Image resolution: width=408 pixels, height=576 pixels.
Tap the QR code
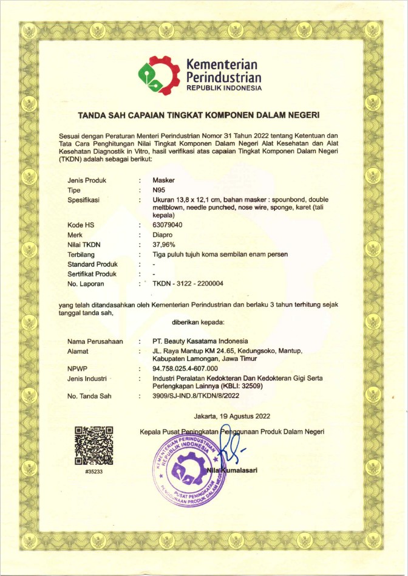pos(93,447)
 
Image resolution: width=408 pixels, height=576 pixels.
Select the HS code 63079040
pos(168,225)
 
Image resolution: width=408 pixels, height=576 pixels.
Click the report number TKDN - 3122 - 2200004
pos(188,283)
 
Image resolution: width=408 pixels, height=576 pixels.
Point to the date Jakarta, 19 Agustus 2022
pos(232,417)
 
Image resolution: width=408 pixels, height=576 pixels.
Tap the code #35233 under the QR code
pos(93,472)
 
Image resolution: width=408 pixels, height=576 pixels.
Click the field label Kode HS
pos(81,225)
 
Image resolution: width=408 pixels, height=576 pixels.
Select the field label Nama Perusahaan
pos(93,341)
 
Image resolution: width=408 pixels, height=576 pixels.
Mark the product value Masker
pos(163,180)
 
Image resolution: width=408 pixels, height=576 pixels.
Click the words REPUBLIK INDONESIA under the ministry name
pos(224,87)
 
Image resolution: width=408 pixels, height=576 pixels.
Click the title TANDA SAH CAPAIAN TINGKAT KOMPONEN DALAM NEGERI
pos(203,115)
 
